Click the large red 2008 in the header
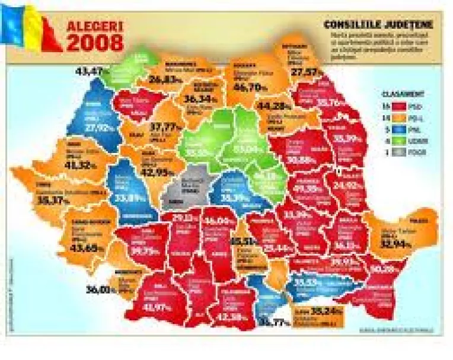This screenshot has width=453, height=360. [95, 43]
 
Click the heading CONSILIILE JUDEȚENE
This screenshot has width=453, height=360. [378, 26]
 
